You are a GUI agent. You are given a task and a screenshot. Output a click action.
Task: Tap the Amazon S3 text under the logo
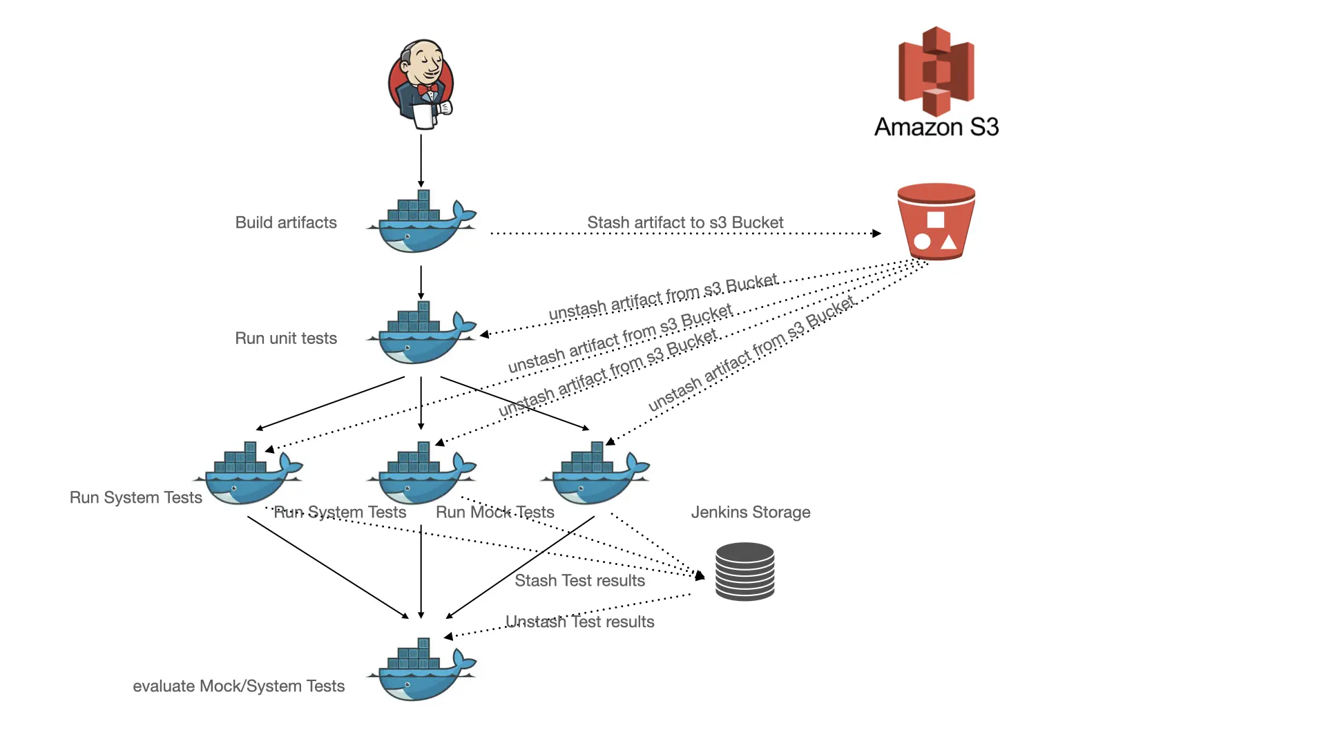(936, 127)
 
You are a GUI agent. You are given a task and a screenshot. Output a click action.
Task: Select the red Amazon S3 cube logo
(936, 70)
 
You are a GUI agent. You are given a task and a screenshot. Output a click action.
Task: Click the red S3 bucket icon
(936, 222)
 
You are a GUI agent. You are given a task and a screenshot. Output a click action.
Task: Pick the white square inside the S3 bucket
(935, 220)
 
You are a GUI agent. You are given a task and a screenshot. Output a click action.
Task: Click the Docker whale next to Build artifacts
(421, 223)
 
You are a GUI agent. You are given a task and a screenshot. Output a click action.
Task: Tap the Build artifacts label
(286, 222)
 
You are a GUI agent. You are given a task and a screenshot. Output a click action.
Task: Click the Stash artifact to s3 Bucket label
(685, 222)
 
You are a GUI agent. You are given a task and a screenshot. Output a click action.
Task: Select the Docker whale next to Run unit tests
(421, 334)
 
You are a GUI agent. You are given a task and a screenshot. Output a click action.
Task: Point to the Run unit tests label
(286, 338)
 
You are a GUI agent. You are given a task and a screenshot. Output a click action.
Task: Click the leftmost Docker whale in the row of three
(249, 475)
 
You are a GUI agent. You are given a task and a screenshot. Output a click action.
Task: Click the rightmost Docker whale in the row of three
(595, 475)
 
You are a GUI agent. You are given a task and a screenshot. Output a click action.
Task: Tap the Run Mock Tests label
(495, 513)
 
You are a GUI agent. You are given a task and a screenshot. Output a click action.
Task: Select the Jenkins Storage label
(751, 513)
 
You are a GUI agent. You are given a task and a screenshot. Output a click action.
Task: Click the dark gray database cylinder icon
(744, 571)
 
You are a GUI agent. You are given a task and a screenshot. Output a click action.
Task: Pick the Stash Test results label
(579, 581)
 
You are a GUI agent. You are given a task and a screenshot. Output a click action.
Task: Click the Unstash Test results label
(579, 622)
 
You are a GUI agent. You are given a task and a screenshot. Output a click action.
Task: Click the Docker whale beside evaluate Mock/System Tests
(421, 671)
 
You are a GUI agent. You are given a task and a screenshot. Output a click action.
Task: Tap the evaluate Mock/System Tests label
(238, 687)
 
